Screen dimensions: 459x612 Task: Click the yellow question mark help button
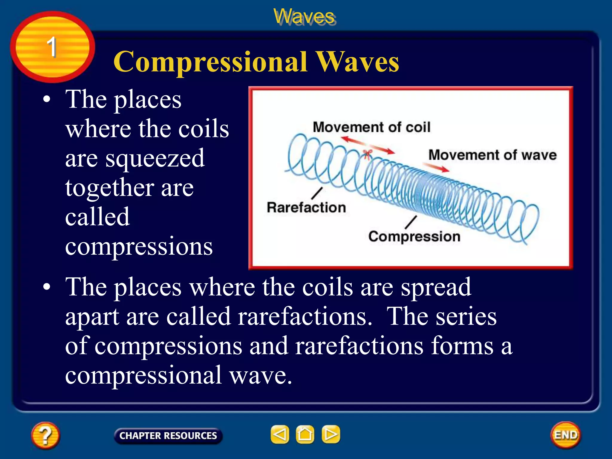pos(45,435)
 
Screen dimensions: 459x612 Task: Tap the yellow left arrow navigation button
pos(280,434)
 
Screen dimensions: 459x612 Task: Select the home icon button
pos(305,434)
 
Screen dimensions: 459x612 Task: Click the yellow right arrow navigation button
pos(331,434)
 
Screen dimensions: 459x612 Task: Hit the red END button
pos(565,435)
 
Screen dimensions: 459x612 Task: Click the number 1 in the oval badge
pos(52,47)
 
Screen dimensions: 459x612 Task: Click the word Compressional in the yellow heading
pos(210,62)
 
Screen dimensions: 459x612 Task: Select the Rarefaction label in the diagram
pos(306,207)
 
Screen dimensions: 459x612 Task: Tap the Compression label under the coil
pos(414,236)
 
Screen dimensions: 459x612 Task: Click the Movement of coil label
pos(371,127)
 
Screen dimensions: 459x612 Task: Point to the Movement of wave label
pos(492,155)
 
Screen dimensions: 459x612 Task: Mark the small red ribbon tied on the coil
pos(367,154)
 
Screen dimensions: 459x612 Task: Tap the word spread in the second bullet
pos(436,287)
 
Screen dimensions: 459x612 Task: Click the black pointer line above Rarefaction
pos(317,193)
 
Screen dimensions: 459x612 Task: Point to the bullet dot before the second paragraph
pos(47,287)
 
